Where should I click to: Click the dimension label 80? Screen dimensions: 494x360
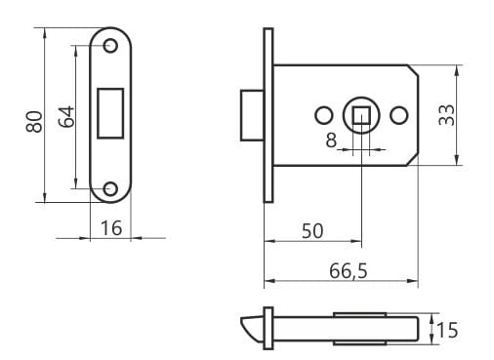pos(34,122)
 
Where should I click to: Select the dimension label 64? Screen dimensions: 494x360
pos(66,116)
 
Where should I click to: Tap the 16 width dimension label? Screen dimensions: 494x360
pos(111,228)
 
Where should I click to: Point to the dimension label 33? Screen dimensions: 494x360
pos(446,115)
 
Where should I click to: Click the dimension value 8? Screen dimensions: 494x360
pos(331,140)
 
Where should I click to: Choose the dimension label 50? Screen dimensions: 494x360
pos(312,231)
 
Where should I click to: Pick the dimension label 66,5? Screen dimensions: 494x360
pos(349,270)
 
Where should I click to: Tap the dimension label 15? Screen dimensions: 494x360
pos(447,330)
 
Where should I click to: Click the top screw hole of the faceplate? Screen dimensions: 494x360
pos(110,46)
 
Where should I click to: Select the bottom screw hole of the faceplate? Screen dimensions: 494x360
pos(110,189)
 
